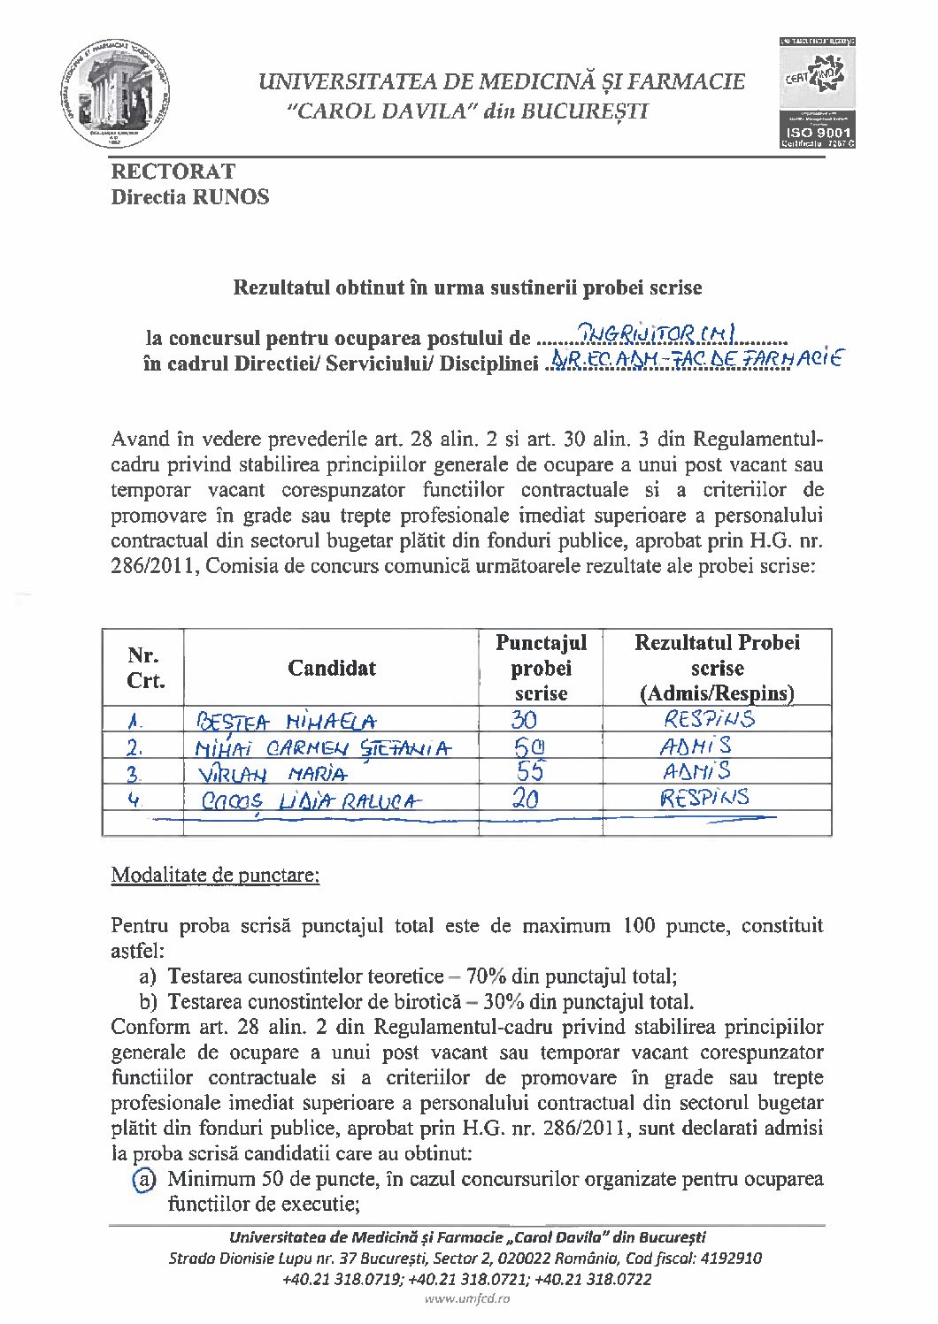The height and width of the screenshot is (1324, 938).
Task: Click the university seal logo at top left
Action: point(115,94)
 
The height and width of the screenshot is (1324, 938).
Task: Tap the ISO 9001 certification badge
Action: point(816,93)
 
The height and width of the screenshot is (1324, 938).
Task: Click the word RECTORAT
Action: point(173,172)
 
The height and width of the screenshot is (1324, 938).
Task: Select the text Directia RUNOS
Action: point(190,197)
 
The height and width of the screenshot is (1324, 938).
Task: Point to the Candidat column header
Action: point(332,669)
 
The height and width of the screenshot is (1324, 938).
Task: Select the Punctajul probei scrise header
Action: point(541,669)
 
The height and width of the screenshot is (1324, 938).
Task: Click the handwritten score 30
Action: point(524,720)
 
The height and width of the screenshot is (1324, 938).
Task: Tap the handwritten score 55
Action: point(530,771)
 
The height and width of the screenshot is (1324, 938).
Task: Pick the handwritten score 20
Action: point(526,800)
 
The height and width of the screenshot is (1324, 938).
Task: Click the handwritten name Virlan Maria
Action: point(272,775)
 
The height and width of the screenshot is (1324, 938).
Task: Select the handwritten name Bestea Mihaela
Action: point(286,722)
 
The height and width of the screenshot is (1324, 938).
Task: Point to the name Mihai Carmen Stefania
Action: point(322,749)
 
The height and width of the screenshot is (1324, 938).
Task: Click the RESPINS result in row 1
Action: point(709,719)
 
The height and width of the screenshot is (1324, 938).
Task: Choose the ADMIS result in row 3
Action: point(696,771)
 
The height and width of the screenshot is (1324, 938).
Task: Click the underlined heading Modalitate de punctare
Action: point(215,876)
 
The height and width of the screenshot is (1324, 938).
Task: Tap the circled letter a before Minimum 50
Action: point(142,1180)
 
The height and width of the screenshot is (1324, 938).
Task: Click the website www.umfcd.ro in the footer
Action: point(467,1298)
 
